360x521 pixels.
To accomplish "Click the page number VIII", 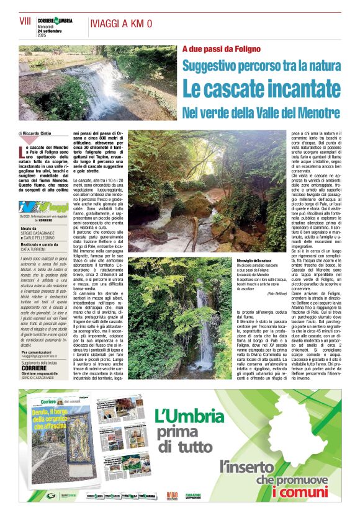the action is click(x=25, y=20).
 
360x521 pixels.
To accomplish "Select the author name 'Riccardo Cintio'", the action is click(x=39, y=133).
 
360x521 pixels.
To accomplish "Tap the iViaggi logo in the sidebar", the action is click(x=43, y=207).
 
